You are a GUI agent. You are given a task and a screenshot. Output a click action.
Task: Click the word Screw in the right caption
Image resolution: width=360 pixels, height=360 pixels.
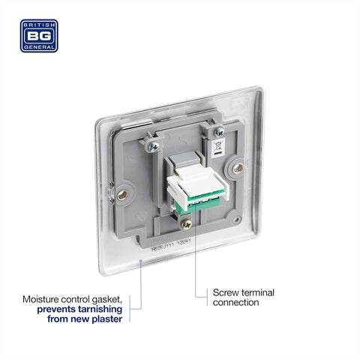[x=222, y=292]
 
